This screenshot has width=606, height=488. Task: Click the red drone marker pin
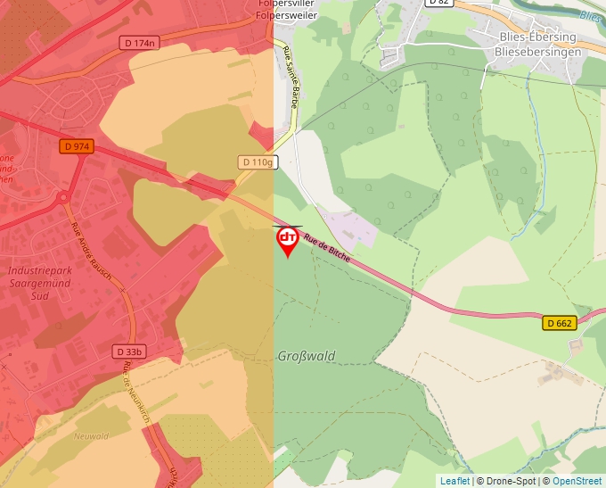287,240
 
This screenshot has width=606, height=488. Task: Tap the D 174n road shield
139,43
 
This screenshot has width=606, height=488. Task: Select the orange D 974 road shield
78,146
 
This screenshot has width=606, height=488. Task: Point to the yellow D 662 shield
560,323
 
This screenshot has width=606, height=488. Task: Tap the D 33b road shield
128,352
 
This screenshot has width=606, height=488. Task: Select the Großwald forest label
307,356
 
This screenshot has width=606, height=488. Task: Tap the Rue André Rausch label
90,246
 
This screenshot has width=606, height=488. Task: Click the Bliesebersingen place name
537,52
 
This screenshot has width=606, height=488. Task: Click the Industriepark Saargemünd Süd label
38,282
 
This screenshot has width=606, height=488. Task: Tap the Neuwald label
93,436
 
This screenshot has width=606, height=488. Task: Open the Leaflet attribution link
454,481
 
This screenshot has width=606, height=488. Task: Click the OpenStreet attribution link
577,481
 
